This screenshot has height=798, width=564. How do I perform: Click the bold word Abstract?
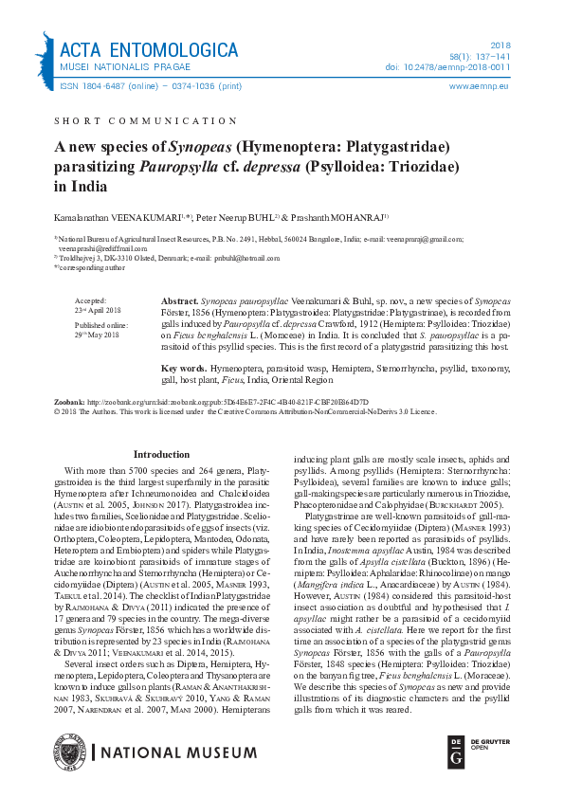tap(179, 298)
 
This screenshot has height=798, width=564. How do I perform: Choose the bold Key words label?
tap(184, 368)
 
